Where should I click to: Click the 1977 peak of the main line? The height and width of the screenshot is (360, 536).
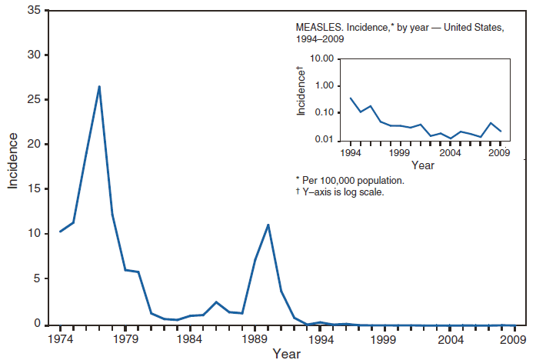99,86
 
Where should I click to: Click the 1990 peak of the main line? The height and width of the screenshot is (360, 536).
268,225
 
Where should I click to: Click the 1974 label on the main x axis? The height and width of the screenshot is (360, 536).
60,338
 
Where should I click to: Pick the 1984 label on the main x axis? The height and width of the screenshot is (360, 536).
190,338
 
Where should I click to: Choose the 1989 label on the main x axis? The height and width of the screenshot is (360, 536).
255,338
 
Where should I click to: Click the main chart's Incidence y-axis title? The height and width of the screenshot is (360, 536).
13,161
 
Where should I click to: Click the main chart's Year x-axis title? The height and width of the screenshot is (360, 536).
286,353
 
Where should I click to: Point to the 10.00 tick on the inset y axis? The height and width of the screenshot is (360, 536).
344,59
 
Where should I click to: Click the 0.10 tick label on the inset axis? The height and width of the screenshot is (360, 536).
327,113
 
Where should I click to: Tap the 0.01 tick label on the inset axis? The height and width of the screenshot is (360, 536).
327,140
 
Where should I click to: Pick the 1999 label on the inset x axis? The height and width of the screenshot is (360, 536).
398,152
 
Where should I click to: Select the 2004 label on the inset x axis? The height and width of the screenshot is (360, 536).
449,152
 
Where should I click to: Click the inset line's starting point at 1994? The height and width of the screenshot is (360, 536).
351,98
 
